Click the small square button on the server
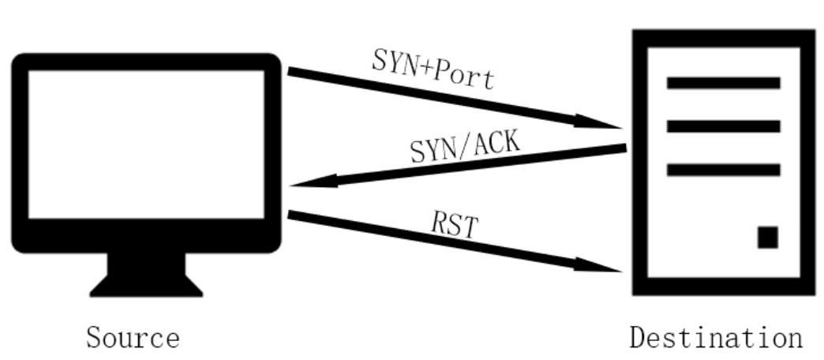tap(767, 237)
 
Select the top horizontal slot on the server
tap(723, 83)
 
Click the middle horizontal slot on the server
tap(723, 126)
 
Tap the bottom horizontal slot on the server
tap(723, 170)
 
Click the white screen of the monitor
tap(147, 144)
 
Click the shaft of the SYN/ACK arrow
tap(474, 166)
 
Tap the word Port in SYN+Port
tap(466, 75)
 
